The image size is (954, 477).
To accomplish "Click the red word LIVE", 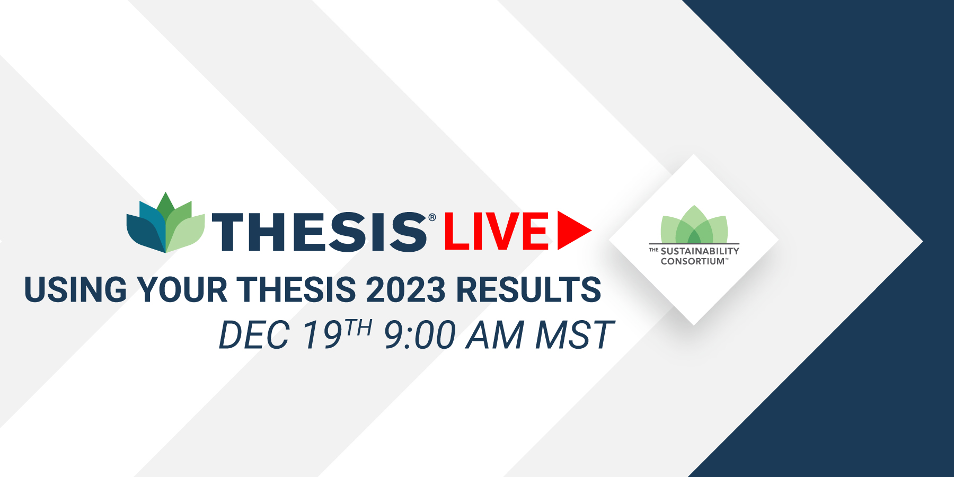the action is click(x=497, y=231).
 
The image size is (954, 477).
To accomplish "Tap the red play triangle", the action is click(x=574, y=231).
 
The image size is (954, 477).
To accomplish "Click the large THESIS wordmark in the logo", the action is click(x=320, y=232).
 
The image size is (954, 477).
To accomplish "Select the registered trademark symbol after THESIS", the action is click(x=432, y=217).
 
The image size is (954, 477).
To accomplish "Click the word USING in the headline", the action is click(x=76, y=289).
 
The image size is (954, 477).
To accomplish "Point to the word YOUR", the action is click(x=182, y=289).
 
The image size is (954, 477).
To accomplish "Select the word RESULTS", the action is click(x=528, y=289).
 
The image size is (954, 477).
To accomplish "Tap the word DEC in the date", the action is click(x=254, y=335).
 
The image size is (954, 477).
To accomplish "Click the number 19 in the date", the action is click(x=322, y=335).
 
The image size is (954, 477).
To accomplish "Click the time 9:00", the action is click(x=419, y=335).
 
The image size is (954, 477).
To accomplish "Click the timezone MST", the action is click(x=575, y=335).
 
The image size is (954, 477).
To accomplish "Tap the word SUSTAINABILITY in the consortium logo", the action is click(x=700, y=251).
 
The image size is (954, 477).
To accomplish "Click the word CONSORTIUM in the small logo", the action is click(x=693, y=261).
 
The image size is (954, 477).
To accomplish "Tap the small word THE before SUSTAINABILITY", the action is click(x=653, y=250).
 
